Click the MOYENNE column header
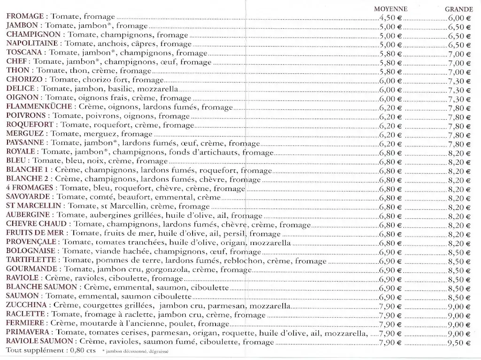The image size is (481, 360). pyautogui.click(x=390, y=9)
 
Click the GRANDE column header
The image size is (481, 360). pyautogui.click(x=458, y=9)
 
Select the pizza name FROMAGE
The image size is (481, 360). pyautogui.click(x=24, y=17)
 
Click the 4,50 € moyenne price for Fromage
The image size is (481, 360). pyautogui.click(x=390, y=17)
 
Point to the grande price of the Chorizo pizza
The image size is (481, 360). pyautogui.click(x=459, y=81)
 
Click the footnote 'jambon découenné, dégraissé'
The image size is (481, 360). pyautogui.click(x=136, y=351)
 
